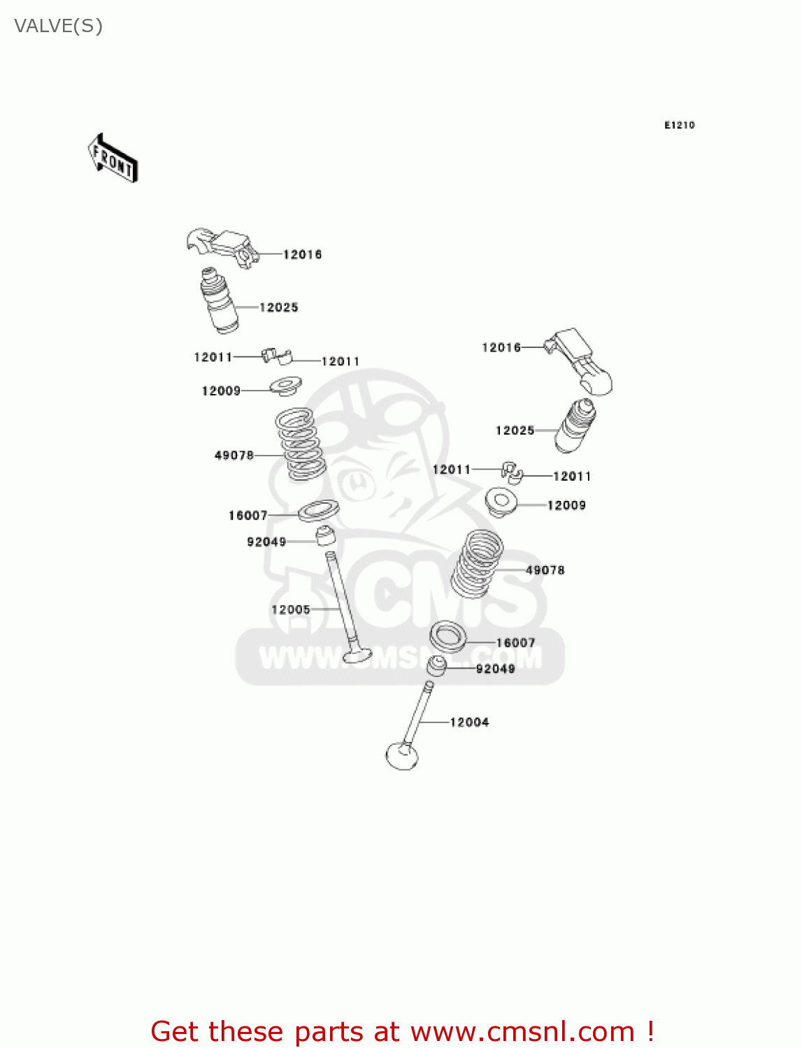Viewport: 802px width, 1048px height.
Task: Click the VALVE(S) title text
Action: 58,26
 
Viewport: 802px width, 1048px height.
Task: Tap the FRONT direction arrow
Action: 113,159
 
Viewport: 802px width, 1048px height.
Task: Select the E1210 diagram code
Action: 679,125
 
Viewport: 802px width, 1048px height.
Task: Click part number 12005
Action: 290,610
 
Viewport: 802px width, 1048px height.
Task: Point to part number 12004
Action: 469,722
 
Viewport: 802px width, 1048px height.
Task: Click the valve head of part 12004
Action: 402,756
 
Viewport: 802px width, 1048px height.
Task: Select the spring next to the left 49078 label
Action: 301,444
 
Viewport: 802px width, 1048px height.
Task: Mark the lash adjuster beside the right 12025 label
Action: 576,425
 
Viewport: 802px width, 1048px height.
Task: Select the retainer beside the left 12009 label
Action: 286,385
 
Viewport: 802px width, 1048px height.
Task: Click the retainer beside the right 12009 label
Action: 501,502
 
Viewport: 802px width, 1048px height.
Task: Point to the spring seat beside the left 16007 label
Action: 319,510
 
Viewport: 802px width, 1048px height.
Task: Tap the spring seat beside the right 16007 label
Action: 447,636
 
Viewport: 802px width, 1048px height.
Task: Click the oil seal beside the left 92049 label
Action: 325,536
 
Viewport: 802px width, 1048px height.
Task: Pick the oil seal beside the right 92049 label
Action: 437,665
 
